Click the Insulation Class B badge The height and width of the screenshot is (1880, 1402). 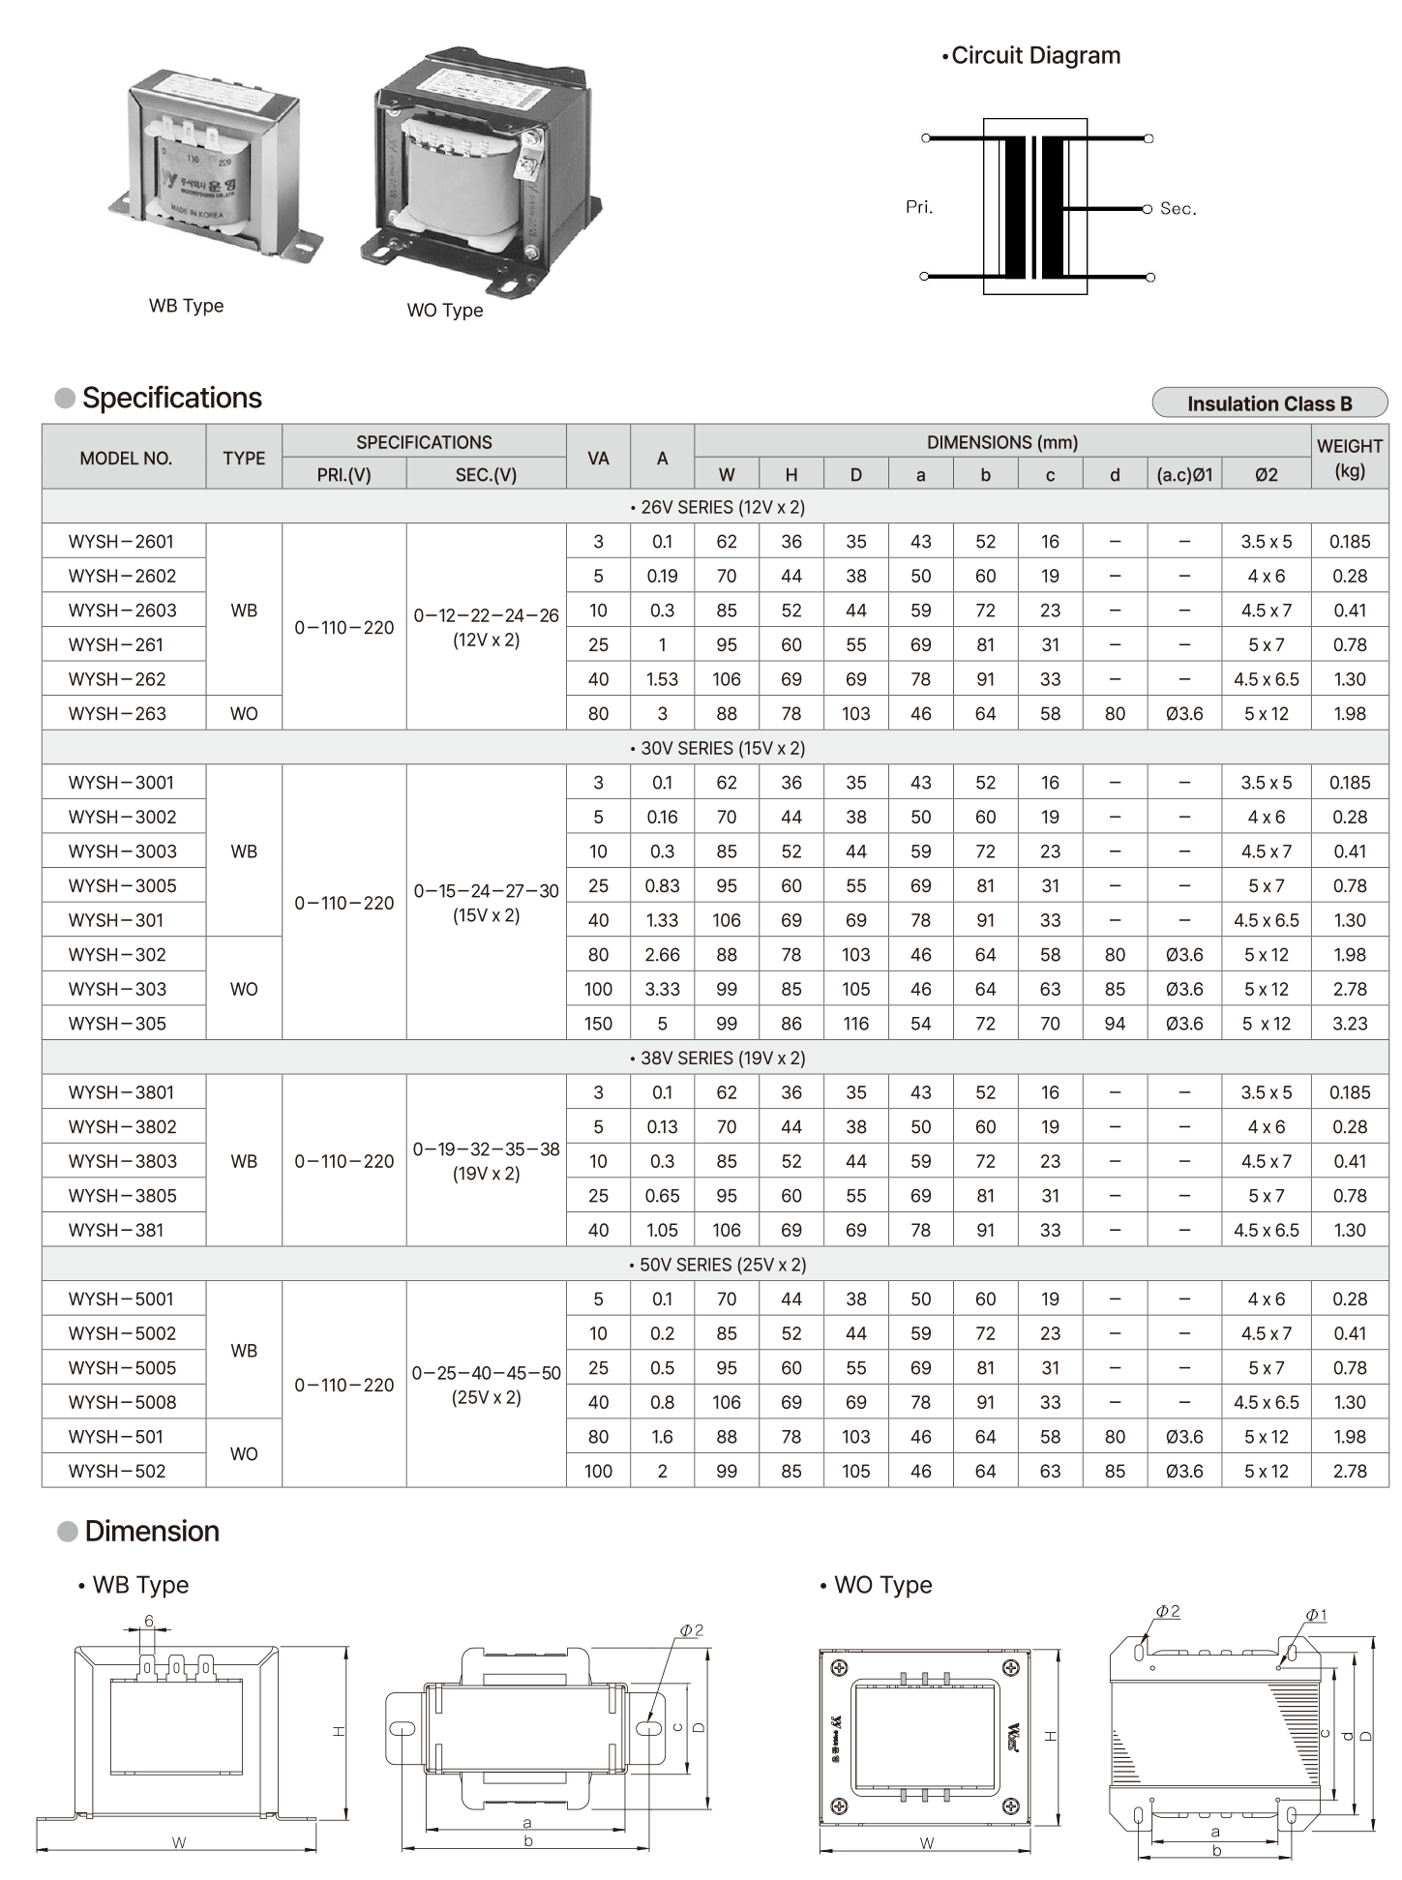[1269, 403]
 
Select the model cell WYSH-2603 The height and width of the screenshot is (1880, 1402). [122, 611]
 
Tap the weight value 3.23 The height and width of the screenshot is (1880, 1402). [1349, 1024]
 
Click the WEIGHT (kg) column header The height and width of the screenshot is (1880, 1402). [1349, 458]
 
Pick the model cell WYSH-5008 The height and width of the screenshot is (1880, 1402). [122, 1402]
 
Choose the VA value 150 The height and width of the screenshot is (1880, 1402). [598, 1024]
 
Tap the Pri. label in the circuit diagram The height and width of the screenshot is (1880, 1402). [919, 207]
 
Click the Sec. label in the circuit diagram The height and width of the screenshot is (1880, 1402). [1178, 209]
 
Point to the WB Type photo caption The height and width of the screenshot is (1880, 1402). [186, 306]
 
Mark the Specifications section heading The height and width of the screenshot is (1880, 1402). [171, 398]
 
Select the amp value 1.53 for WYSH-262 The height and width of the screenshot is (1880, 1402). [662, 679]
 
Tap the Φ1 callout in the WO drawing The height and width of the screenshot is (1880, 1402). [1316, 1615]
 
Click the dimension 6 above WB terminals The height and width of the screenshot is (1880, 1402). [149, 1621]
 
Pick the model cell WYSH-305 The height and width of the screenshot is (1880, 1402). [117, 1024]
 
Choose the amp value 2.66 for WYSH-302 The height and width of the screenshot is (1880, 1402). [662, 955]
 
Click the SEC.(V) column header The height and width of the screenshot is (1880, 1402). [486, 475]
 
